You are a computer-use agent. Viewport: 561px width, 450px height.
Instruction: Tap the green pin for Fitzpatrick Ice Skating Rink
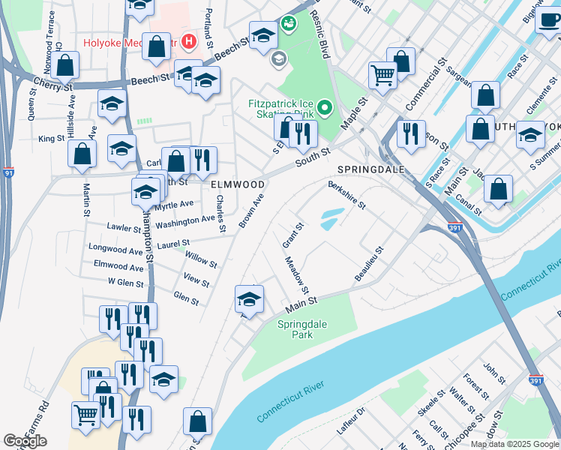click(x=325, y=109)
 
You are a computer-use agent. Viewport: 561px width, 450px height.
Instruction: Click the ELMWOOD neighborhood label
click(x=237, y=184)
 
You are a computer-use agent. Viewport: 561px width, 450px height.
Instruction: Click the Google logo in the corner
click(x=25, y=441)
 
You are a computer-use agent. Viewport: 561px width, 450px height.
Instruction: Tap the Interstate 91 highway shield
click(x=7, y=173)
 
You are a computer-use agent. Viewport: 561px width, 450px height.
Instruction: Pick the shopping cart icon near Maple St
click(x=382, y=75)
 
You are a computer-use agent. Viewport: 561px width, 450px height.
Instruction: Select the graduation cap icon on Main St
click(x=250, y=299)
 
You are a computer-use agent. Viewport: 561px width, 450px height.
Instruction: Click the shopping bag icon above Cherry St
click(x=66, y=65)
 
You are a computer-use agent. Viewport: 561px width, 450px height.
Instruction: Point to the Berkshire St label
click(x=346, y=194)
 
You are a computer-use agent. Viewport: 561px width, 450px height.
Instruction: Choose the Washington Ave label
click(x=185, y=221)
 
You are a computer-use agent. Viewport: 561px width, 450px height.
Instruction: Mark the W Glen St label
click(x=125, y=282)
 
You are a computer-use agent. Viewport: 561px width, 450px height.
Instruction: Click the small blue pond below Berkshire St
click(x=331, y=219)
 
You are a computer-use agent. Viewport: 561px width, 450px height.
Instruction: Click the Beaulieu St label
click(x=368, y=265)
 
